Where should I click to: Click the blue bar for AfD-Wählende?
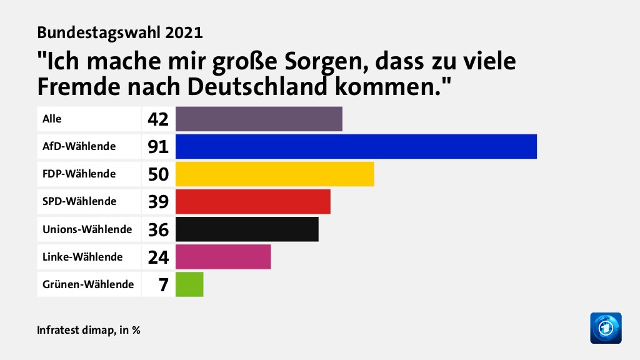coord(356,146)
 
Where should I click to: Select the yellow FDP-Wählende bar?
coord(274,174)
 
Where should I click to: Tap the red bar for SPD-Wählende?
coord(252,201)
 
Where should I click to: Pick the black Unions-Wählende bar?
coord(247,229)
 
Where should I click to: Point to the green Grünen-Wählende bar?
coord(189,284)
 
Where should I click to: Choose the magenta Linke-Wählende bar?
coord(223,256)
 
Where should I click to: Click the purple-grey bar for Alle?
coord(259,119)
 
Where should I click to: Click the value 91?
coord(158,147)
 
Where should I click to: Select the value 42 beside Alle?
coord(158,119)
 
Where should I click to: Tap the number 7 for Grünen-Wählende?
coord(163,285)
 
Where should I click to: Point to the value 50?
coord(158,174)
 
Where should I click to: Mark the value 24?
coord(158,257)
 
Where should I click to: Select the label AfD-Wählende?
coord(79,146)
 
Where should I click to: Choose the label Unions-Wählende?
coord(87,229)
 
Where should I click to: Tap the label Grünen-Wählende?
coord(88,284)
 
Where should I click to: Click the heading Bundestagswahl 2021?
coord(120,32)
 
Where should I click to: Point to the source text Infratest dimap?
coord(75,329)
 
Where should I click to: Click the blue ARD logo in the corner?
coord(606,327)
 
